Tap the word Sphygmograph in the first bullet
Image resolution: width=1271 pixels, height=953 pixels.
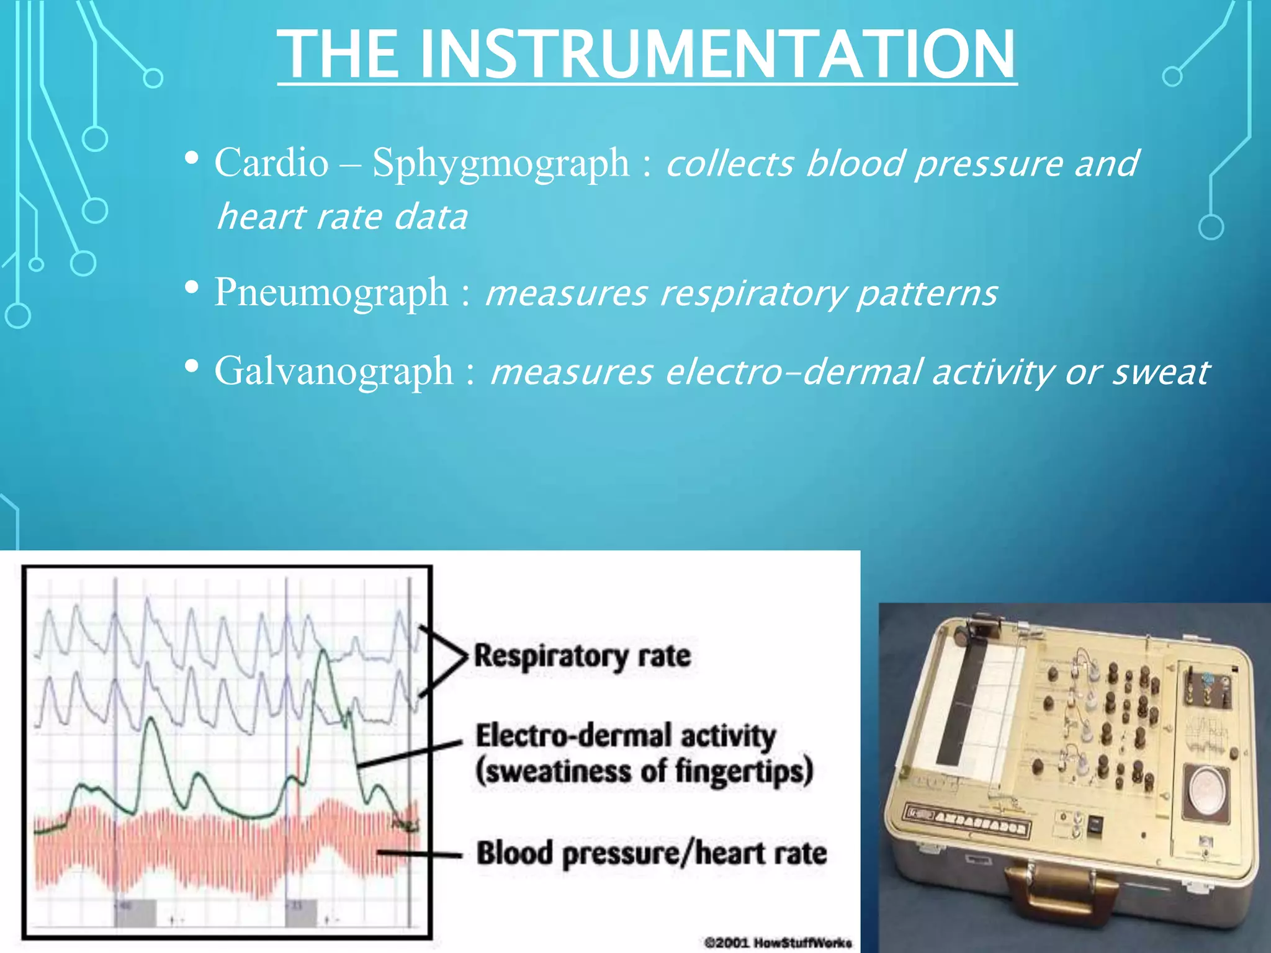500,164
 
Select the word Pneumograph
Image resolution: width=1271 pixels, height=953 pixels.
331,292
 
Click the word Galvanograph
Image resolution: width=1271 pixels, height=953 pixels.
333,372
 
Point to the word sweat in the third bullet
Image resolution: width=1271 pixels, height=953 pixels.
1160,373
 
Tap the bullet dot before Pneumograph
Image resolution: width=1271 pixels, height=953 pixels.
192,287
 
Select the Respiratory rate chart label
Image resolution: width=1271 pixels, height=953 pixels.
582,656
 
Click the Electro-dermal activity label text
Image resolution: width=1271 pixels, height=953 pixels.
625,736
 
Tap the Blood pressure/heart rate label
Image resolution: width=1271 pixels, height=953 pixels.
651,853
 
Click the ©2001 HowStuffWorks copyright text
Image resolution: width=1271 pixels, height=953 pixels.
778,942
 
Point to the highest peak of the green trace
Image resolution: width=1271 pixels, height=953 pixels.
323,651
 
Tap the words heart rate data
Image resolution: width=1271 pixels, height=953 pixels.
342,217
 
